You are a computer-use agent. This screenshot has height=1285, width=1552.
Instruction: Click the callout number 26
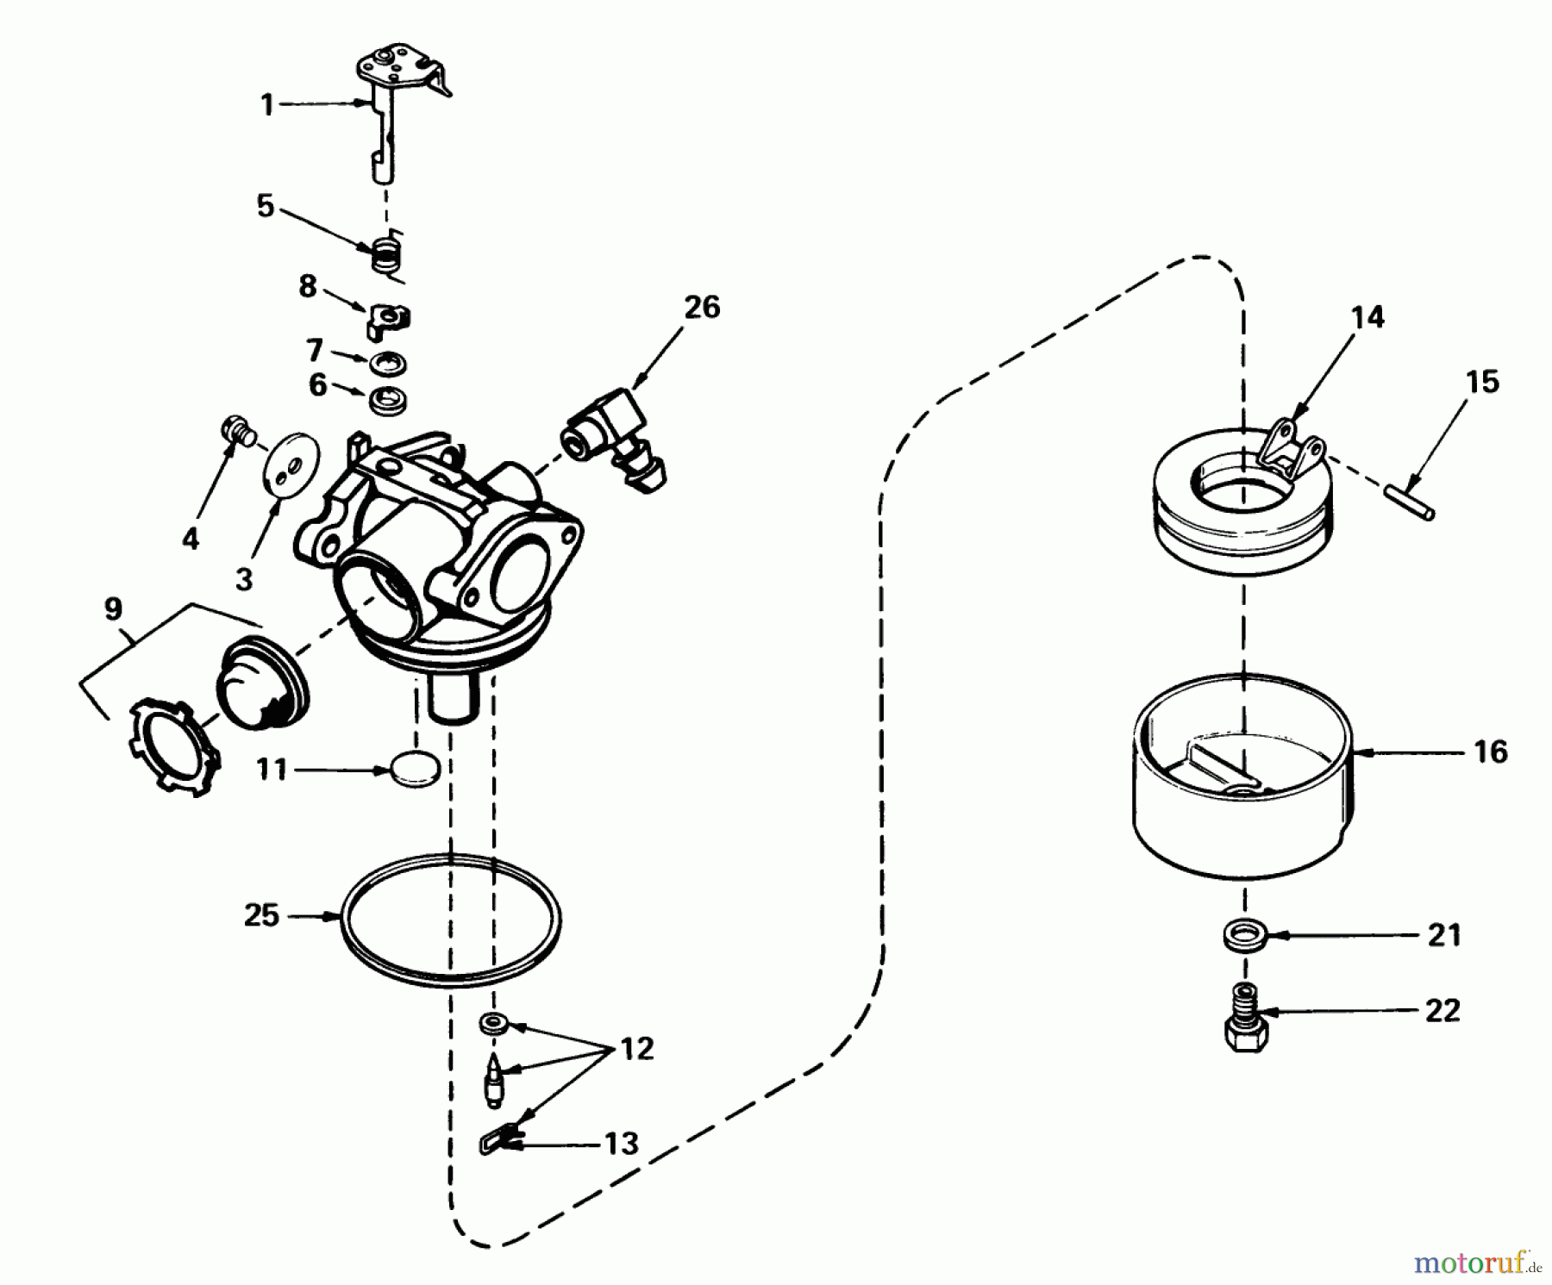tap(702, 308)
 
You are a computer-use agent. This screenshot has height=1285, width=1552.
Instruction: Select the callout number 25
tap(261, 915)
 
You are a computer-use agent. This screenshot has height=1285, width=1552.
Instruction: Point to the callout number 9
tap(113, 610)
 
